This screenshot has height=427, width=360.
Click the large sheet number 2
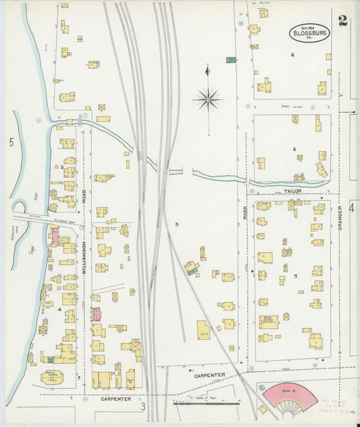click(343, 20)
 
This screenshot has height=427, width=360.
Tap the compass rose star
click(208, 100)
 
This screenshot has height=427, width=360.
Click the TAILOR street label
click(292, 191)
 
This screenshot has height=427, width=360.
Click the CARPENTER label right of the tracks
click(211, 374)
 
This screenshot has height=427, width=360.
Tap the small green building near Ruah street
click(231, 59)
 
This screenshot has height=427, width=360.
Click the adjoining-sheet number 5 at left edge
click(11, 142)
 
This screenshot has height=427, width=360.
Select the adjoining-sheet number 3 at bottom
click(143, 407)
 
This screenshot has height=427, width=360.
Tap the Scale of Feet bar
click(207, 403)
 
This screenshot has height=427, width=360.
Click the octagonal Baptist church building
click(52, 377)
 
